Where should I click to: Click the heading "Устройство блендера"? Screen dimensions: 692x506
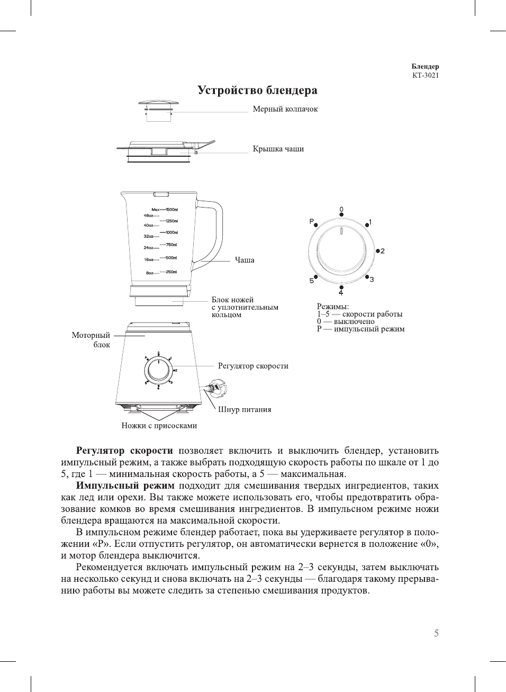pos(257,91)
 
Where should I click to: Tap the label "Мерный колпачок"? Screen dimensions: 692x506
pos(285,109)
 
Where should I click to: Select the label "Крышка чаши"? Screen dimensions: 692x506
pos(278,149)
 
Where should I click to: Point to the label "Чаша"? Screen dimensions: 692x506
pos(245,260)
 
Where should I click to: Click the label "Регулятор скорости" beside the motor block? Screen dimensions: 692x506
pos(253,366)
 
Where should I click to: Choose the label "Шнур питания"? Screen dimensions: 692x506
pos(245,409)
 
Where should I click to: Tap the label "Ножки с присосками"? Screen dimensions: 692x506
pos(159,426)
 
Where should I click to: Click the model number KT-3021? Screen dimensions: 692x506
pos(425,75)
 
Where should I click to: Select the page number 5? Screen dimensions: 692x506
pos(436,633)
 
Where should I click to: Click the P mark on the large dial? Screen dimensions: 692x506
pos(312,221)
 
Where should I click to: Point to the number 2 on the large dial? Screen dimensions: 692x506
pos(382,251)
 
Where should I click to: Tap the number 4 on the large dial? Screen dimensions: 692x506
pos(341,293)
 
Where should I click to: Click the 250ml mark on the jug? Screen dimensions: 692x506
pos(171,272)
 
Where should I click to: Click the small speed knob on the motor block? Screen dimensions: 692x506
pos(158,369)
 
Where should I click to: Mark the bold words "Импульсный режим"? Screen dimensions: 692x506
pos(125,486)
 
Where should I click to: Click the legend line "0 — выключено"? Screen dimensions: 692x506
pos(346,321)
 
